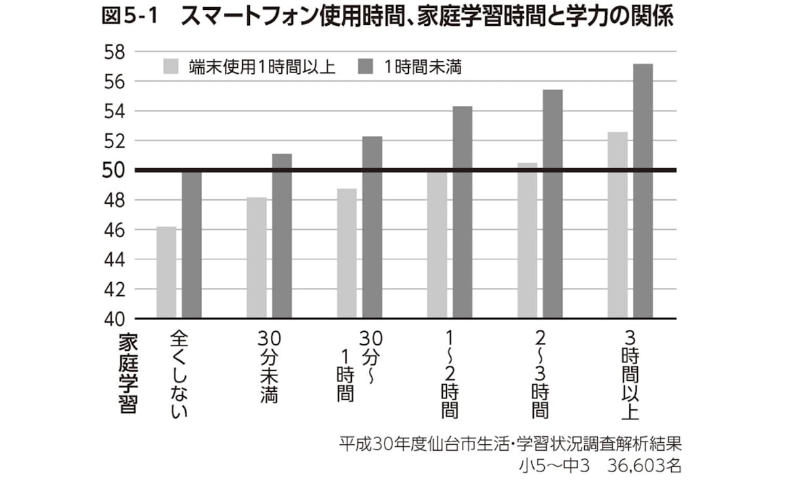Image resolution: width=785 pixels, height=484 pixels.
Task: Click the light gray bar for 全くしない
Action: [166, 272]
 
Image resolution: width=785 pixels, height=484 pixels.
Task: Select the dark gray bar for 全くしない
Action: [192, 244]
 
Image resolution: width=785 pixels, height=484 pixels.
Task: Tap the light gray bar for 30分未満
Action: [256, 258]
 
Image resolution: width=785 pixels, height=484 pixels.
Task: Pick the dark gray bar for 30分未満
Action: [282, 236]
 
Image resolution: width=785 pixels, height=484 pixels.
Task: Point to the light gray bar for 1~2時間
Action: [437, 245]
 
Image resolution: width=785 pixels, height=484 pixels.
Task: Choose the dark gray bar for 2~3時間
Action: [553, 204]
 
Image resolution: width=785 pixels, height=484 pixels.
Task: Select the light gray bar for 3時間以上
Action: [618, 225]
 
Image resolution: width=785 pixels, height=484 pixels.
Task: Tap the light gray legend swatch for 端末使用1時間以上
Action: [171, 67]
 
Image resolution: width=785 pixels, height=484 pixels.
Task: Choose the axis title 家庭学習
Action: [128, 372]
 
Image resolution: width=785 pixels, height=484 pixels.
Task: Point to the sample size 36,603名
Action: [645, 466]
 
